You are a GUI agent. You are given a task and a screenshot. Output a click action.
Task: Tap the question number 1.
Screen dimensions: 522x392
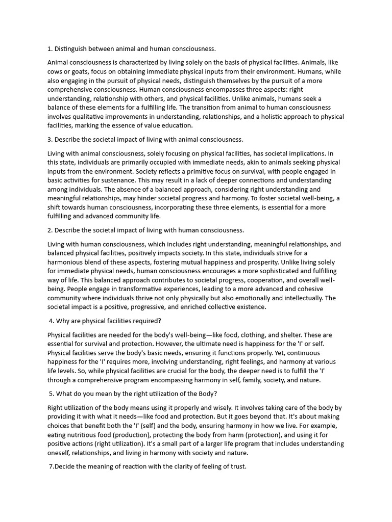(x=50, y=49)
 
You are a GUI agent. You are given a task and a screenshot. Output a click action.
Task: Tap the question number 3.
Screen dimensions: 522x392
(x=50, y=140)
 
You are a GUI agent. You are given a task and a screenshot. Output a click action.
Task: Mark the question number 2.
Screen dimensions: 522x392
(x=50, y=230)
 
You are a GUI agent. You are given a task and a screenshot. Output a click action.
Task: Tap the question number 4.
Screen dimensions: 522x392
(x=52, y=321)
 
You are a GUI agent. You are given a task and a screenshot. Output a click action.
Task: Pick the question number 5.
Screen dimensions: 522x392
(x=52, y=394)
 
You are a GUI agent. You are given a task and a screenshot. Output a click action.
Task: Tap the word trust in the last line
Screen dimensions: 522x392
(x=237, y=466)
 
